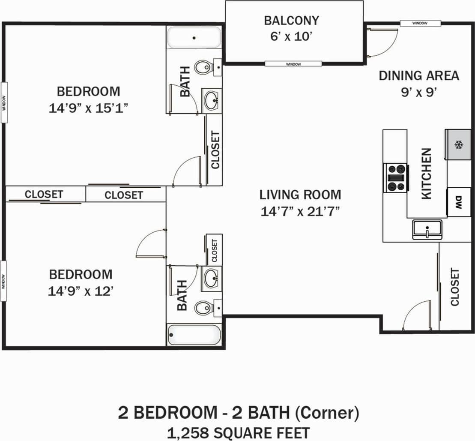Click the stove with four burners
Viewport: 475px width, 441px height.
click(396, 177)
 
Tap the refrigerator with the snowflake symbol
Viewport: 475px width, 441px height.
click(458, 145)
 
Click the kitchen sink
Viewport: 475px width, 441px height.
click(427, 229)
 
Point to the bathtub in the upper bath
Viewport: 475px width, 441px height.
click(194, 38)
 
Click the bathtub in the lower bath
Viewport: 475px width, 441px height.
click(194, 335)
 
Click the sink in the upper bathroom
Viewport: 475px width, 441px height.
click(211, 101)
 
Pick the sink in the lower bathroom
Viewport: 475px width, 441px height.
click(211, 279)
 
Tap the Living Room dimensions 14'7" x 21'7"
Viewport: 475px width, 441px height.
click(300, 211)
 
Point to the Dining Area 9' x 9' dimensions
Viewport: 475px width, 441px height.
click(418, 92)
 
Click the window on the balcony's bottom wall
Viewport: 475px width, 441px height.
click(293, 64)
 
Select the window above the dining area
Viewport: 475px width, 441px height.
click(420, 23)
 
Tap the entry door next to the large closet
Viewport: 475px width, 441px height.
click(417, 316)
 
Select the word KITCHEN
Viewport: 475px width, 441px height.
click(427, 174)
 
